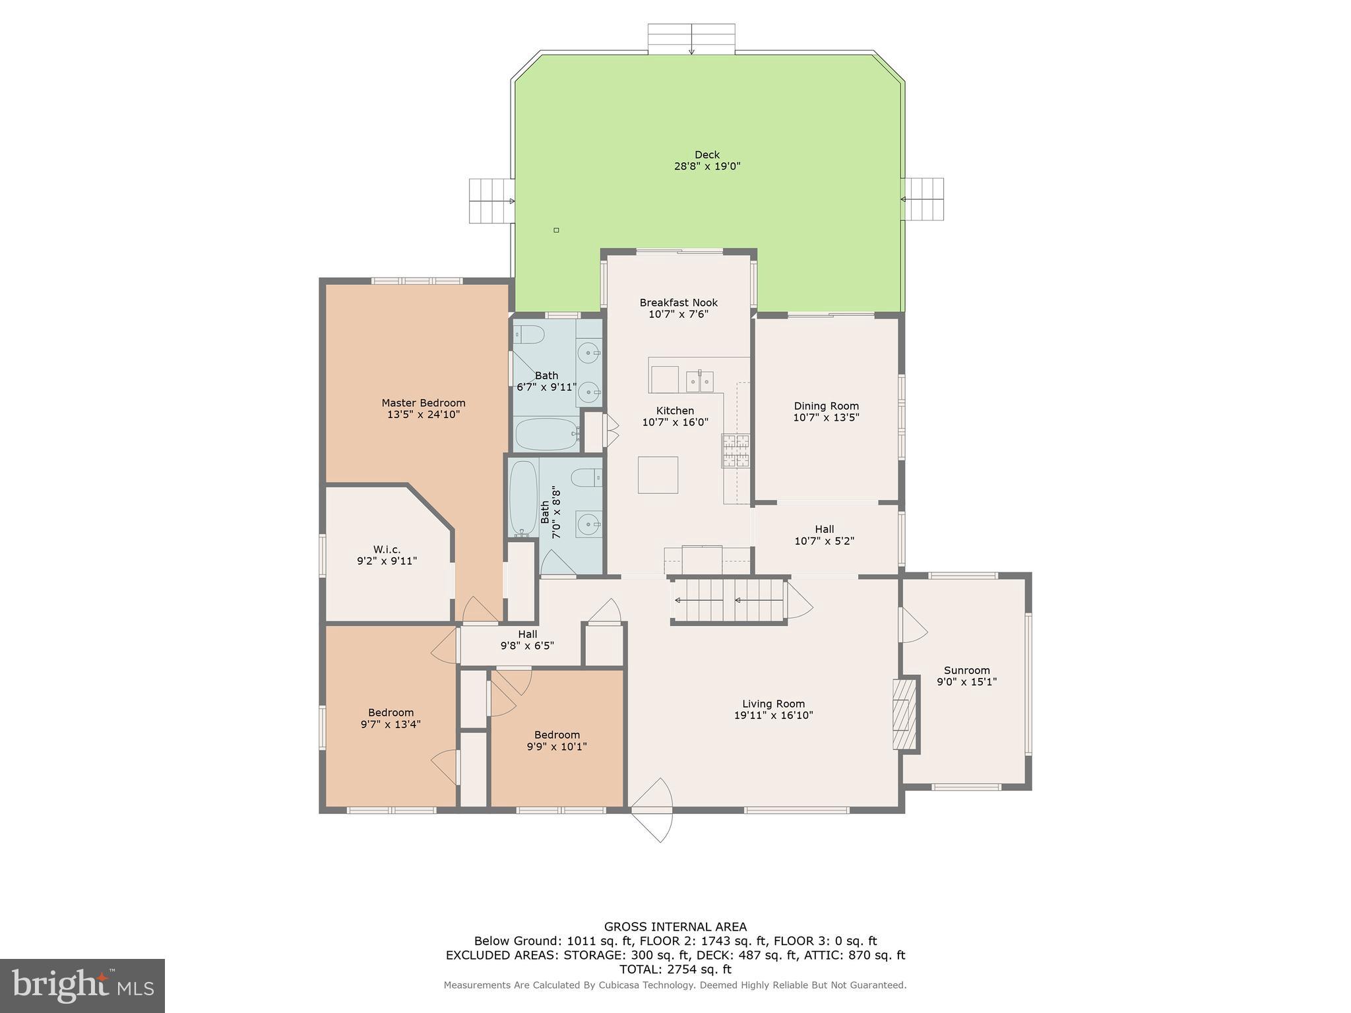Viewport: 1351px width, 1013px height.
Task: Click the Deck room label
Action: (x=707, y=155)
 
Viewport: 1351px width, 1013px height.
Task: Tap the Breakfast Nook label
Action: (x=678, y=303)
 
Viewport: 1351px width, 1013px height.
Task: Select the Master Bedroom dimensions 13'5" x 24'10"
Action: (x=423, y=415)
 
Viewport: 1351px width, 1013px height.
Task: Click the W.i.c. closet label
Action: (x=387, y=549)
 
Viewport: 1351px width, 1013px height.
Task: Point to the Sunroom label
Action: (x=966, y=670)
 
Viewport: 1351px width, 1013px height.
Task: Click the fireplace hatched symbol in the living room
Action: (x=904, y=714)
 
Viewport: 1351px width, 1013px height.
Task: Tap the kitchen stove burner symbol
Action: (x=735, y=450)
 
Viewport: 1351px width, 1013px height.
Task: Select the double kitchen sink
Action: (x=699, y=381)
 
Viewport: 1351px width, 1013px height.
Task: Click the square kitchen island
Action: (x=658, y=475)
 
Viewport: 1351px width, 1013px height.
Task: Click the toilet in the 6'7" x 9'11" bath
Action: (x=529, y=334)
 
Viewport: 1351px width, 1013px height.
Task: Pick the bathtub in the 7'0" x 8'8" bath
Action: (x=524, y=498)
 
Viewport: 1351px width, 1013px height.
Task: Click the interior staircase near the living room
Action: (x=728, y=600)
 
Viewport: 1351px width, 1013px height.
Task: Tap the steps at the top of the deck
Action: (x=691, y=39)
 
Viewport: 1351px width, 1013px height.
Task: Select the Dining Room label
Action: (x=826, y=406)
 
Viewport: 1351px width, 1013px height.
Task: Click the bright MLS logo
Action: (x=82, y=985)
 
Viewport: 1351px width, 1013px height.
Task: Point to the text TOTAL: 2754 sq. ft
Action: (x=675, y=969)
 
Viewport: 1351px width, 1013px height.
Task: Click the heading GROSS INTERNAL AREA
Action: (x=675, y=927)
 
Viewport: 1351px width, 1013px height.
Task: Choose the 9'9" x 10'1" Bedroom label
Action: (x=557, y=735)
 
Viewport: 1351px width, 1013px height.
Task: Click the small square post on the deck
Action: (x=556, y=230)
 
